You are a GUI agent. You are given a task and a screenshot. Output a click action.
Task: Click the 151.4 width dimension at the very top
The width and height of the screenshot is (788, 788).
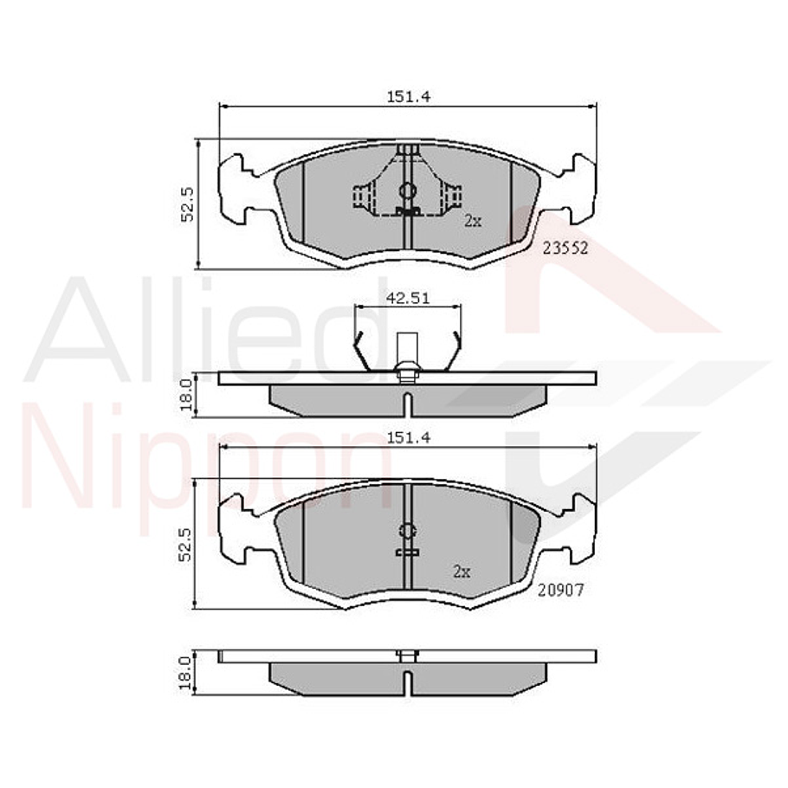pyautogui.click(x=408, y=97)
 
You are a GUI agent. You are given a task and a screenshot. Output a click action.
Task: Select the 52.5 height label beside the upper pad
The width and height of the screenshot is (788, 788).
pyautogui.click(x=186, y=205)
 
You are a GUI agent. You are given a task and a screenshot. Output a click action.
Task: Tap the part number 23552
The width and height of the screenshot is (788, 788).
pyautogui.click(x=565, y=247)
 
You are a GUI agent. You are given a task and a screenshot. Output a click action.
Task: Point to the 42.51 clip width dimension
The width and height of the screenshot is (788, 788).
pyautogui.click(x=408, y=298)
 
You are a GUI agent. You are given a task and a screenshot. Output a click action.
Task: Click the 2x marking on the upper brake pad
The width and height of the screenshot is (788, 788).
pyautogui.click(x=472, y=221)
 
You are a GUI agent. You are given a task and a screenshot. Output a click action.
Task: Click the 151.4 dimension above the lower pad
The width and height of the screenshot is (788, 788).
pyautogui.click(x=408, y=438)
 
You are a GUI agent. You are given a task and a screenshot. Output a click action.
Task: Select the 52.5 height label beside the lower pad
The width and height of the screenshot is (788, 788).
pyautogui.click(x=186, y=544)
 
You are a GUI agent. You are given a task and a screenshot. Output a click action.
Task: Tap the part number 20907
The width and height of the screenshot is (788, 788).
pyautogui.click(x=561, y=590)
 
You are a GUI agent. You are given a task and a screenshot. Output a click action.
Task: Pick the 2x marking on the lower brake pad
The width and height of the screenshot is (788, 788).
pyautogui.click(x=462, y=572)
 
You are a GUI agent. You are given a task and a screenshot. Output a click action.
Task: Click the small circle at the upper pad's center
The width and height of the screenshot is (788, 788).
pyautogui.click(x=407, y=191)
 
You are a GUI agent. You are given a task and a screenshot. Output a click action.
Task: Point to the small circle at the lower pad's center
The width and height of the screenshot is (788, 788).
pyautogui.click(x=407, y=531)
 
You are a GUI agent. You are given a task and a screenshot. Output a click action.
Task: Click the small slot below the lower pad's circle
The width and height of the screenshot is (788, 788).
pyautogui.click(x=407, y=552)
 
